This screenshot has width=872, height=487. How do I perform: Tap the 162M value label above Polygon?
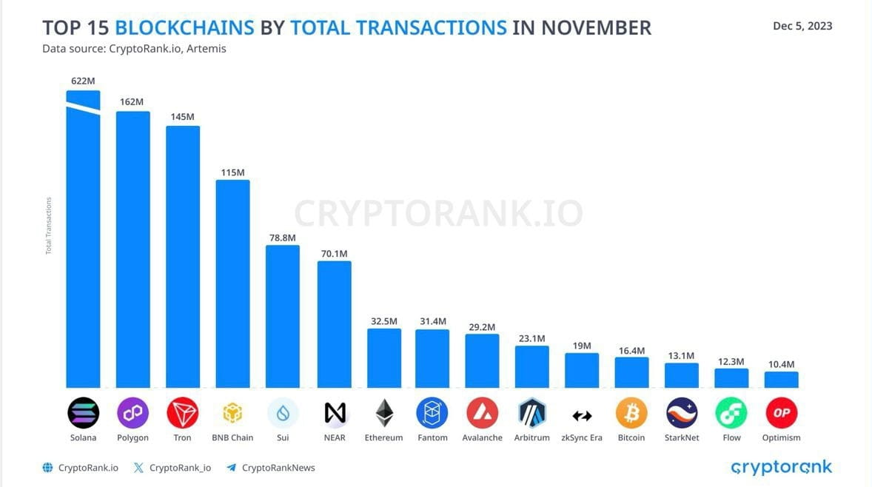pyautogui.click(x=133, y=101)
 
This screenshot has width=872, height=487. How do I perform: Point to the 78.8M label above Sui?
pyautogui.click(x=282, y=238)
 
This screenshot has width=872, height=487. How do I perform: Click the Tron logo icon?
pyautogui.click(x=182, y=413)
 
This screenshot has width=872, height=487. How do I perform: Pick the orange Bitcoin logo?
pyautogui.click(x=631, y=413)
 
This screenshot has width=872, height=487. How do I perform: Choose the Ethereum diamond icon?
pyautogui.click(x=384, y=413)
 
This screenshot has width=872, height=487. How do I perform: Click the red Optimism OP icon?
pyautogui.click(x=781, y=413)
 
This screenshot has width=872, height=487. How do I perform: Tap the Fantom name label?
pyautogui.click(x=432, y=437)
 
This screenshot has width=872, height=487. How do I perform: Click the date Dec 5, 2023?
pyautogui.click(x=802, y=26)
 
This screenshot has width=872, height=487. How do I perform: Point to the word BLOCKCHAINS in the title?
pyautogui.click(x=184, y=28)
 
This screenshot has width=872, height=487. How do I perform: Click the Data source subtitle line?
pyautogui.click(x=134, y=50)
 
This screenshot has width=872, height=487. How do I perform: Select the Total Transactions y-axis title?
pyautogui.click(x=49, y=226)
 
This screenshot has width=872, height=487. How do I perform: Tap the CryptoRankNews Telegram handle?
pyautogui.click(x=278, y=468)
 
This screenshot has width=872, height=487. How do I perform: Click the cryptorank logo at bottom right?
pyautogui.click(x=781, y=467)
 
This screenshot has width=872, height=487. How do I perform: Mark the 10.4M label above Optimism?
pyautogui.click(x=781, y=364)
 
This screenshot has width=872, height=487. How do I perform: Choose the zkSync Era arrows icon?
pyautogui.click(x=582, y=415)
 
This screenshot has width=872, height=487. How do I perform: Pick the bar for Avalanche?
pyautogui.click(x=482, y=360)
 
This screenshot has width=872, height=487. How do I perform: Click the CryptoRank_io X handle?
pyautogui.click(x=180, y=468)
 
